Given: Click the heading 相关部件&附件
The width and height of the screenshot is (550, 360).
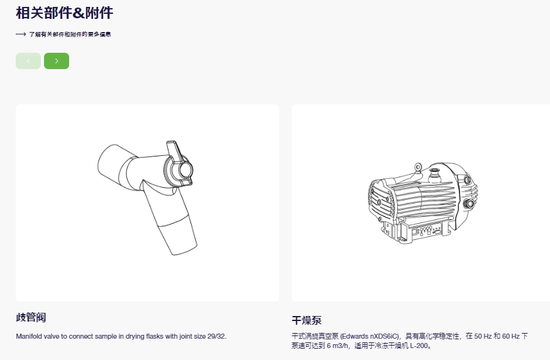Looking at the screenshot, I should coord(65,13).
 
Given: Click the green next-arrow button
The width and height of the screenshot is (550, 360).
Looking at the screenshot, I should coord(57,61).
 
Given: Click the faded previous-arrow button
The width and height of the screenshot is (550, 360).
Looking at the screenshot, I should coord(28,61).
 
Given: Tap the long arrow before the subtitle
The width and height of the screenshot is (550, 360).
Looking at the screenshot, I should coord(21,34).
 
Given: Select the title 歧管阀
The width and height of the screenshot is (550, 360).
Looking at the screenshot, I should coord(31,317).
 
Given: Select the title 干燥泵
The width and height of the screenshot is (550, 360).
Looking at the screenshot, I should coord(307,320).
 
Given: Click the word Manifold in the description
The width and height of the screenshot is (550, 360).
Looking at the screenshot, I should coord(29,336).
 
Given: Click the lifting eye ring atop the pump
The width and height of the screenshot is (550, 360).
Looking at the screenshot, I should coord(417,166).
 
